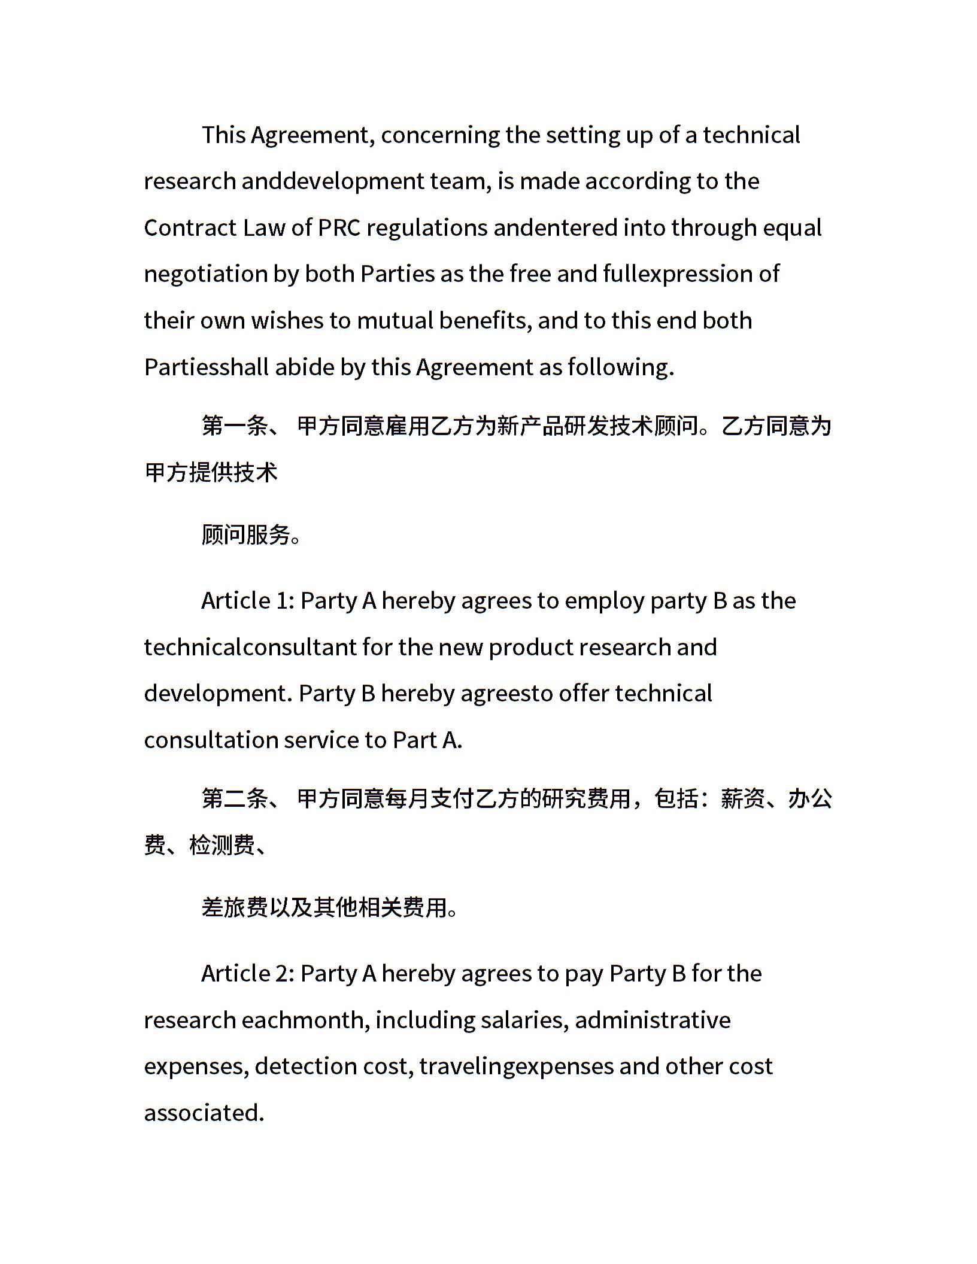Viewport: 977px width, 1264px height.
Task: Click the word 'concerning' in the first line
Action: (x=440, y=136)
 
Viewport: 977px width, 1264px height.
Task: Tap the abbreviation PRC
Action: (x=339, y=228)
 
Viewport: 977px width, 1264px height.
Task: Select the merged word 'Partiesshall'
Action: (x=207, y=367)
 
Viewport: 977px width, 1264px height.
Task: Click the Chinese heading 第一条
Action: (x=235, y=426)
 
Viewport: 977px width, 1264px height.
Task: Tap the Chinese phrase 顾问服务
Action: (x=246, y=534)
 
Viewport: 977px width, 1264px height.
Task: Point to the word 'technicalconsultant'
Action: (x=250, y=648)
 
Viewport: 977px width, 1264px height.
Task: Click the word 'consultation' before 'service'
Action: (x=211, y=741)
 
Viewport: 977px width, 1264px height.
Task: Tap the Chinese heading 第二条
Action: (x=235, y=799)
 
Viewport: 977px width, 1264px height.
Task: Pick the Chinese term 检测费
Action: (x=223, y=845)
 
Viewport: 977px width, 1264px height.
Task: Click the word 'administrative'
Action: (x=653, y=1020)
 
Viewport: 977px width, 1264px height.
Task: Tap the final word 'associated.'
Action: (x=204, y=1113)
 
